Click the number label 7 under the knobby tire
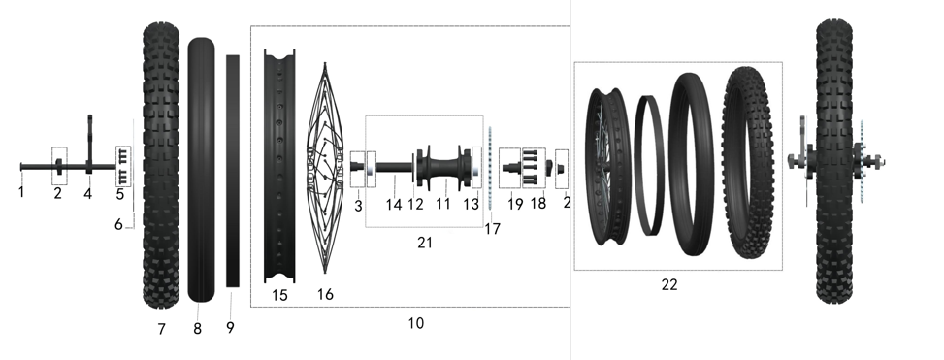tap(161, 329)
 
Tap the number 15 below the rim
tap(279, 296)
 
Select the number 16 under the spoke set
tap(325, 294)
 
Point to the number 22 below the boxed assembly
tap(669, 284)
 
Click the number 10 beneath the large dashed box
tap(416, 323)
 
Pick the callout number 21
tap(425, 243)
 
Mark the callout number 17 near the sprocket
tap(492, 229)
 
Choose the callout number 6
tap(118, 224)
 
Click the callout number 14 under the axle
tap(394, 205)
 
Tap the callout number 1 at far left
tap(21, 193)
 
